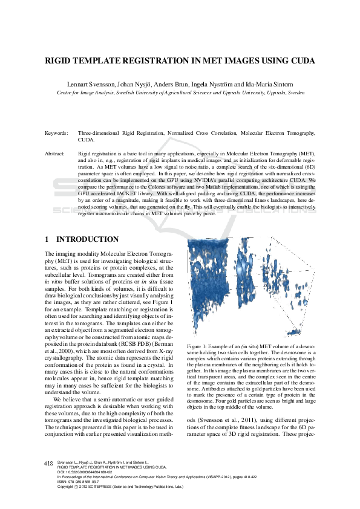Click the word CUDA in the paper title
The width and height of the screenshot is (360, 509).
click(x=299, y=61)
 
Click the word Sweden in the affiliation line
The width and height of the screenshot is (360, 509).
click(x=296, y=94)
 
